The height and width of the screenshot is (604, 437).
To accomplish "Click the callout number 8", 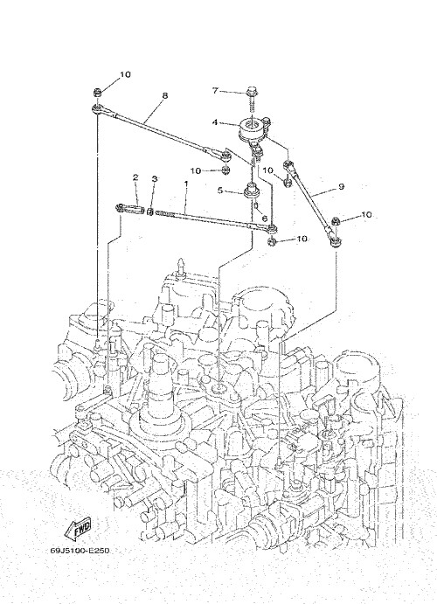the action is pyautogui.click(x=165, y=95).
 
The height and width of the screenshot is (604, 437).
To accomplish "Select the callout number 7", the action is pyautogui.click(x=215, y=91).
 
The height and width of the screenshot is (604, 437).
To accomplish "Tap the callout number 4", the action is pyautogui.click(x=215, y=122).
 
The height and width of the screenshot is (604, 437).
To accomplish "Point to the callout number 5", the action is pyautogui.click(x=220, y=191).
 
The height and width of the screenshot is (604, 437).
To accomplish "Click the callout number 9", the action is pyautogui.click(x=341, y=186).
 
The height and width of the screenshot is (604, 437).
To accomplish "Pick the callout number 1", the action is pyautogui.click(x=186, y=184).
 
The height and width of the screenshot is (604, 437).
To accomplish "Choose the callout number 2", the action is pyautogui.click(x=135, y=177).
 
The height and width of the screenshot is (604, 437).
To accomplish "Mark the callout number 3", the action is pyautogui.click(x=155, y=178).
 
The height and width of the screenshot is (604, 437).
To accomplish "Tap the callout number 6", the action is pyautogui.click(x=264, y=219).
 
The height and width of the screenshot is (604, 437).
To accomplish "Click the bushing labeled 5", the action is pyautogui.click(x=252, y=191).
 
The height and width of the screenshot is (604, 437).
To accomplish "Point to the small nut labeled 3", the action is pyautogui.click(x=151, y=211).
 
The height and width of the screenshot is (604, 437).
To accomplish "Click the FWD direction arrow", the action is pyautogui.click(x=78, y=528).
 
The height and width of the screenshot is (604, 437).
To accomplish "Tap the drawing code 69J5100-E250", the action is pyautogui.click(x=80, y=551).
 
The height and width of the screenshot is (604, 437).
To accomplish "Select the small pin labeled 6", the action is pyautogui.click(x=256, y=206).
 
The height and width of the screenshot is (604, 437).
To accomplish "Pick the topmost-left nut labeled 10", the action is pyautogui.click(x=97, y=93).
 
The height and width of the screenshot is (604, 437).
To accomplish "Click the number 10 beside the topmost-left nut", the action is pyautogui.click(x=125, y=74).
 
